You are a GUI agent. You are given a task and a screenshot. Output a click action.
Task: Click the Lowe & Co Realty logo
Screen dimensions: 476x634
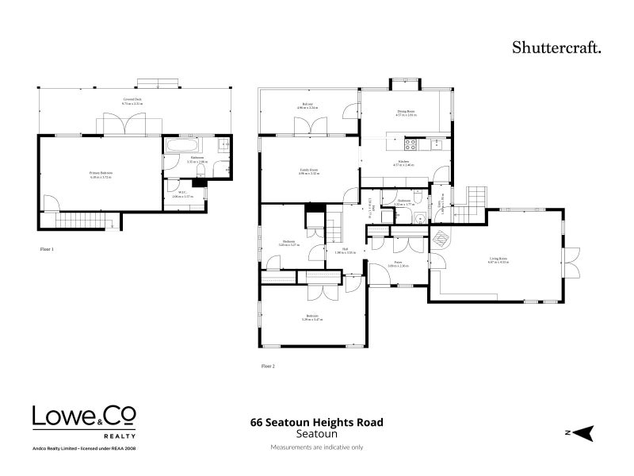pos(83,420)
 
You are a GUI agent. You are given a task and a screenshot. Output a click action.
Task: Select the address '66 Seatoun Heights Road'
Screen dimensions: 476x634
pos(316,423)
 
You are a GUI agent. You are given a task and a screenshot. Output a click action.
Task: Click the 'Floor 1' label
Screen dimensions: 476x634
pos(47,249)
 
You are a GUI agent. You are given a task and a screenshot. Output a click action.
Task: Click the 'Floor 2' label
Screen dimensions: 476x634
pos(267,367)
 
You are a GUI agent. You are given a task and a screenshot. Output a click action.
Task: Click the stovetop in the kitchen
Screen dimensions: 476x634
pos(411,144)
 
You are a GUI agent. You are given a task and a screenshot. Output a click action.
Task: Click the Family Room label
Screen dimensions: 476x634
pos(308,171)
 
